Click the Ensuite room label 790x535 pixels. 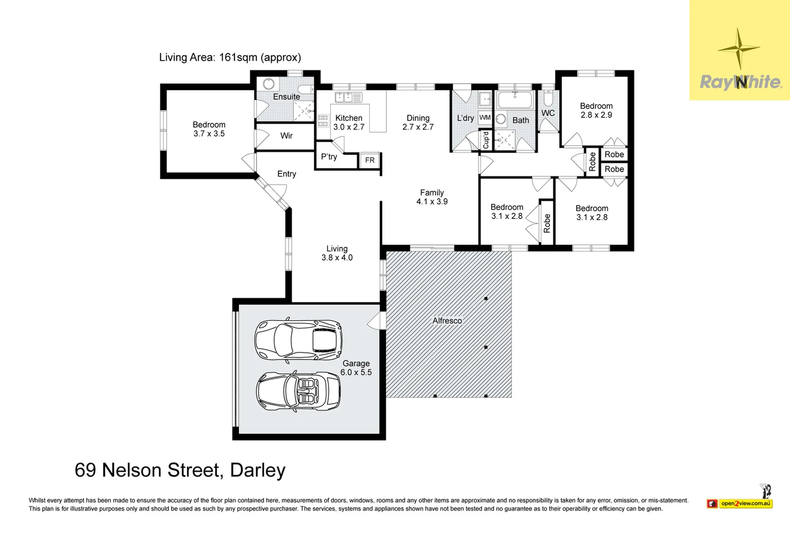(x=287, y=97)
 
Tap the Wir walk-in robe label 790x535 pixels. (x=287, y=136)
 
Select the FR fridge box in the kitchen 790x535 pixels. (x=370, y=160)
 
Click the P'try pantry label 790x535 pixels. (x=329, y=157)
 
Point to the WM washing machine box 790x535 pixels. (x=485, y=118)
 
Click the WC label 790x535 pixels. (x=548, y=113)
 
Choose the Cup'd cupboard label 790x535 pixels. (x=486, y=140)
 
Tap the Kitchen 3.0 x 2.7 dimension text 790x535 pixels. (x=349, y=127)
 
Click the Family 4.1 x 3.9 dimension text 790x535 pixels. (x=432, y=202)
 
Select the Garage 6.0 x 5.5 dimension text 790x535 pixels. (x=356, y=373)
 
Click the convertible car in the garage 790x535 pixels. (x=299, y=390)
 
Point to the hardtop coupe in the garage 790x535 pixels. (x=299, y=340)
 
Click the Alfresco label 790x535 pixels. (x=447, y=321)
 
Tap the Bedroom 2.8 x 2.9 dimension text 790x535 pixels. (x=596, y=115)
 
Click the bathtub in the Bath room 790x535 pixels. (x=515, y=100)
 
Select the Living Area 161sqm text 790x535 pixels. (x=230, y=57)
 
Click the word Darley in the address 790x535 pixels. (x=257, y=470)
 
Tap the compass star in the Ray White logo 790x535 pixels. (x=739, y=49)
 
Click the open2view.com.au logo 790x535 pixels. (x=745, y=503)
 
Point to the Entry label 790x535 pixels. (x=287, y=174)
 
